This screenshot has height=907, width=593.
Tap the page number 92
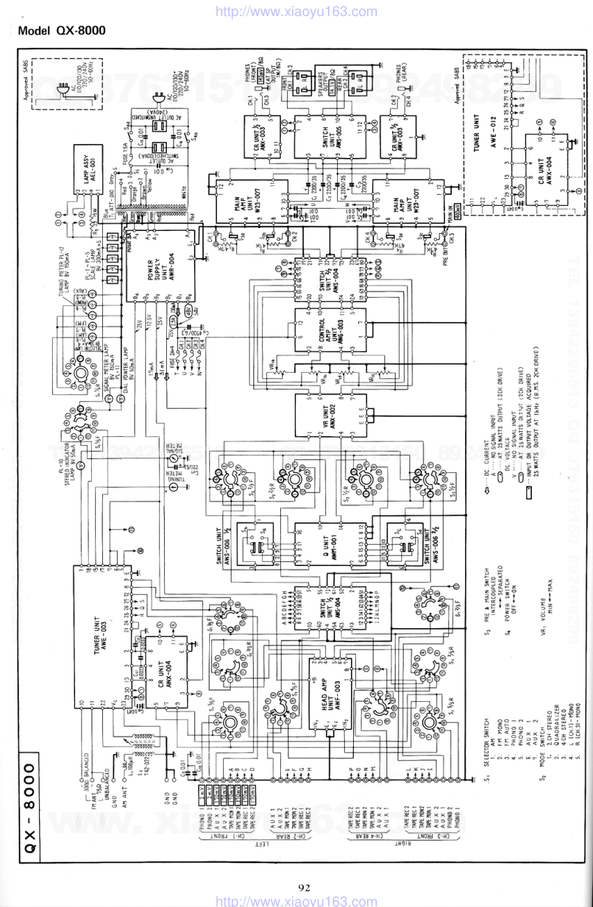pyautogui.click(x=304, y=887)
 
